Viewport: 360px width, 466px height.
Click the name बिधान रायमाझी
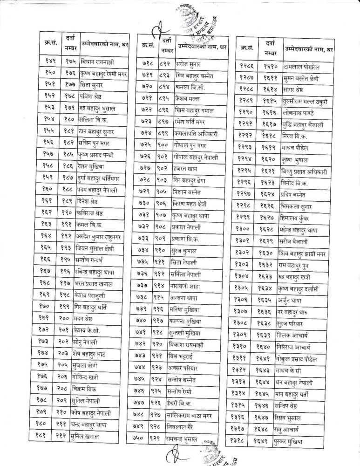97,62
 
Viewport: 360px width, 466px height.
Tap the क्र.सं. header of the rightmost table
247,48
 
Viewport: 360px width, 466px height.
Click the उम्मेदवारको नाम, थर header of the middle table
203,46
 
